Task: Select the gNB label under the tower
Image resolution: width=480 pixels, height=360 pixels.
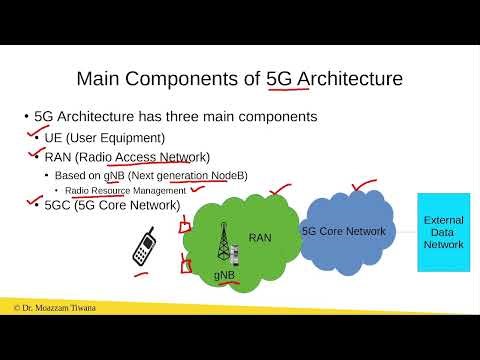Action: coord(225,273)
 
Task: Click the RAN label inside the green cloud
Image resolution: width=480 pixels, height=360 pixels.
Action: coord(260,237)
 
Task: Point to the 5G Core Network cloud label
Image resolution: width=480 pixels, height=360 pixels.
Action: coord(344,230)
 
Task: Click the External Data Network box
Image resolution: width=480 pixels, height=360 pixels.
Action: coord(443,232)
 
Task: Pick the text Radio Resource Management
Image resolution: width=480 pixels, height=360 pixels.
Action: coord(125,190)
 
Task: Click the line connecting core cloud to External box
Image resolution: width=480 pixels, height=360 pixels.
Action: coord(405,231)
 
